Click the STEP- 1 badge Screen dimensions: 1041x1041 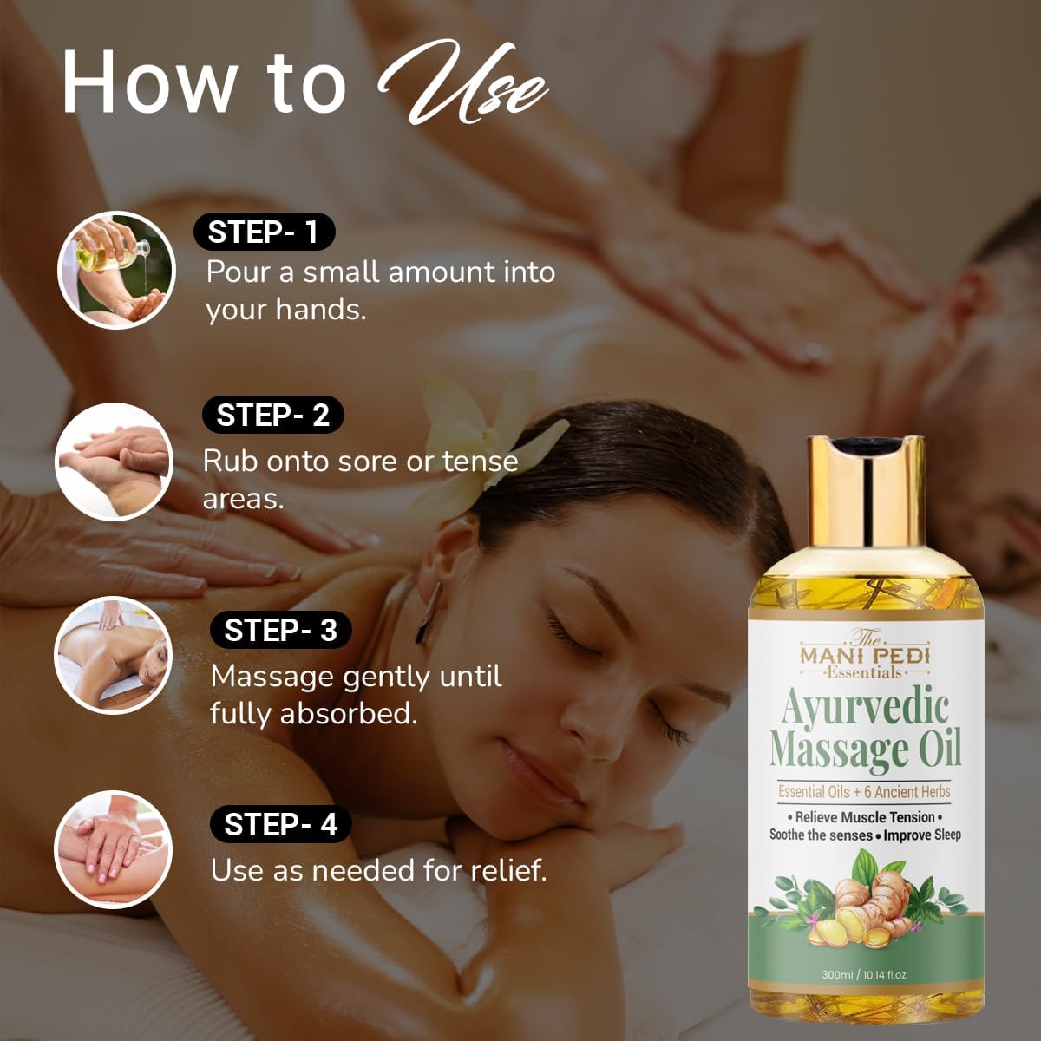click(x=265, y=232)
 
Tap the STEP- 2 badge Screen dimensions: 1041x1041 click(x=272, y=415)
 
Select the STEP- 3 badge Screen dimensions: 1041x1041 click(x=281, y=630)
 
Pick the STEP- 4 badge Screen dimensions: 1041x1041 click(x=281, y=824)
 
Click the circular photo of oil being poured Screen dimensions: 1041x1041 click(x=117, y=270)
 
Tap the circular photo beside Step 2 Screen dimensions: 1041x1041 click(x=114, y=462)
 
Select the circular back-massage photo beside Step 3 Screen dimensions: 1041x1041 click(x=113, y=655)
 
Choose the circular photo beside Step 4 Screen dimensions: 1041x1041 click(x=113, y=850)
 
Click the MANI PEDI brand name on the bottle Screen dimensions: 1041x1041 click(x=865, y=656)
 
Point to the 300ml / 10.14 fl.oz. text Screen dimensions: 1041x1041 click(x=865, y=975)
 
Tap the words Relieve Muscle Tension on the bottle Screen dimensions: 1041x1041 click(x=865, y=817)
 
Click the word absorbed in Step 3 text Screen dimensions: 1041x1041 click(x=349, y=714)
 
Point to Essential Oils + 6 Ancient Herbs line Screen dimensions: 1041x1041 click(x=864, y=792)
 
